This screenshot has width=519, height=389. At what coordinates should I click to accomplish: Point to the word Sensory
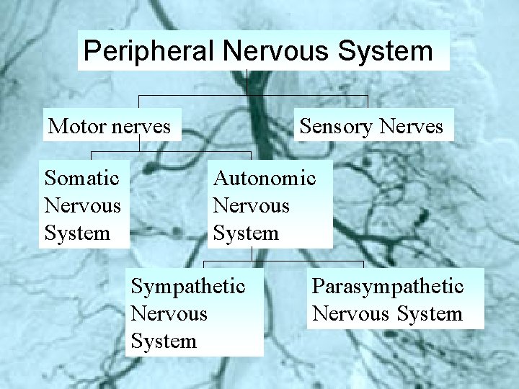(336, 127)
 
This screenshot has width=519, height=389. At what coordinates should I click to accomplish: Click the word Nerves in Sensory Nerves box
(411, 127)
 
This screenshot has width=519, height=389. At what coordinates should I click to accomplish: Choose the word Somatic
(81, 177)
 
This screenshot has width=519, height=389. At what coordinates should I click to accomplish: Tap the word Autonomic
(264, 177)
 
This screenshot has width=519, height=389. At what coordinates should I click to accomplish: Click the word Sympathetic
(187, 286)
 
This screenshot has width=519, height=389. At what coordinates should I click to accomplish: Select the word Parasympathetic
(387, 286)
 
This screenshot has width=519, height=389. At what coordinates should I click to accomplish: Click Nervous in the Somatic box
(82, 205)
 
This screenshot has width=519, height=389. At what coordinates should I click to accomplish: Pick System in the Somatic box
(77, 233)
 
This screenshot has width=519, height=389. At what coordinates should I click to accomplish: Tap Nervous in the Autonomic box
(251, 205)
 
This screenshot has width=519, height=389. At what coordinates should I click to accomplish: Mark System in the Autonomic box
(246, 233)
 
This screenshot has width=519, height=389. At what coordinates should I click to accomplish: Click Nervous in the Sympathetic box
(169, 314)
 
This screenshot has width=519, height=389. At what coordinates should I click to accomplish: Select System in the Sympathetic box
(164, 341)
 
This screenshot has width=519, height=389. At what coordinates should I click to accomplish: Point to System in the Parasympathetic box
(430, 314)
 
